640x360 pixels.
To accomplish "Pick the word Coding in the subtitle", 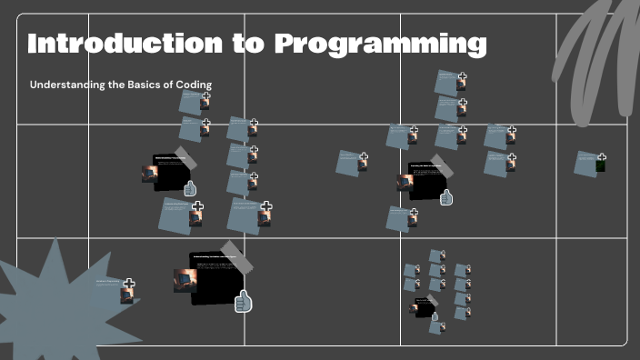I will (194, 85).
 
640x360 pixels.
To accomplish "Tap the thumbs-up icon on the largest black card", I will (243, 303).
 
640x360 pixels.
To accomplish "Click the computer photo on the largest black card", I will (185, 280).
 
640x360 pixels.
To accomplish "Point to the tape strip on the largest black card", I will (231, 249).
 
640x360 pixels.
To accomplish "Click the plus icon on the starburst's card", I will (129, 284).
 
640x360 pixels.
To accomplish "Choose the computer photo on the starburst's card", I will (126, 295).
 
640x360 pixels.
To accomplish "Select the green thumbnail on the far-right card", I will (600, 166).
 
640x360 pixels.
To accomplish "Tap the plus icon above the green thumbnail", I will (601, 157).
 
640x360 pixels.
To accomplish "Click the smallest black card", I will (424, 308).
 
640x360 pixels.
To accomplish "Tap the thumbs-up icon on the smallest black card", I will (435, 316).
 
